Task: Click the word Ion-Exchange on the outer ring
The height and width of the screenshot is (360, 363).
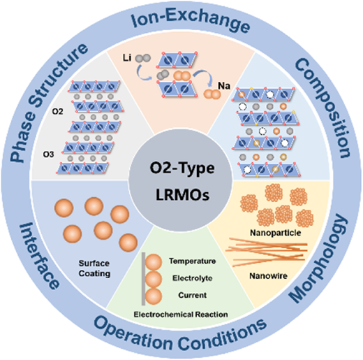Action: pyautogui.click(x=190, y=21)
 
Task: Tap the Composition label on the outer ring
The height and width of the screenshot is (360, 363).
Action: pyautogui.click(x=323, y=108)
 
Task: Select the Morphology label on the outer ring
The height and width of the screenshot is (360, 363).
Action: pyautogui.click(x=319, y=258)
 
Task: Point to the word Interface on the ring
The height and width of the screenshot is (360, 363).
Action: pyautogui.click(x=39, y=255)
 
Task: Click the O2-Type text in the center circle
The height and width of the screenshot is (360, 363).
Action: pyautogui.click(x=182, y=168)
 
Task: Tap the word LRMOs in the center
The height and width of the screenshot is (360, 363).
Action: pyautogui.click(x=182, y=194)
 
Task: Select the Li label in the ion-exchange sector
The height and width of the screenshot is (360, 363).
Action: pyautogui.click(x=127, y=57)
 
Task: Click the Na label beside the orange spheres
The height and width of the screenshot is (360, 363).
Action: pyautogui.click(x=224, y=86)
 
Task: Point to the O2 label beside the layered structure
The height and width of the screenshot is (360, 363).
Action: pyautogui.click(x=57, y=112)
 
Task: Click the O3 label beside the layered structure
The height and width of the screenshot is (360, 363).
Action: pyautogui.click(x=48, y=154)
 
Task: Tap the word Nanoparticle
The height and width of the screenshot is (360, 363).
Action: pyautogui.click(x=276, y=233)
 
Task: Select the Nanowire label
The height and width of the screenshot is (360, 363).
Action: pyautogui.click(x=268, y=276)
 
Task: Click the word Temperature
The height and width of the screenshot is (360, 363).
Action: pyautogui.click(x=193, y=261)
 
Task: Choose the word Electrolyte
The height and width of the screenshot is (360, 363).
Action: pyautogui.click(x=193, y=278)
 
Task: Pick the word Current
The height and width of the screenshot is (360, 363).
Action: pyautogui.click(x=193, y=295)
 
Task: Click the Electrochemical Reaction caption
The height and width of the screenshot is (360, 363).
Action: pyautogui.click(x=181, y=315)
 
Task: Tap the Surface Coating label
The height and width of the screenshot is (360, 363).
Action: pyautogui.click(x=94, y=268)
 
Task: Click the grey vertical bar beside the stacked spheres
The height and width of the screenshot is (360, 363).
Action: pyautogui.click(x=143, y=279)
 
